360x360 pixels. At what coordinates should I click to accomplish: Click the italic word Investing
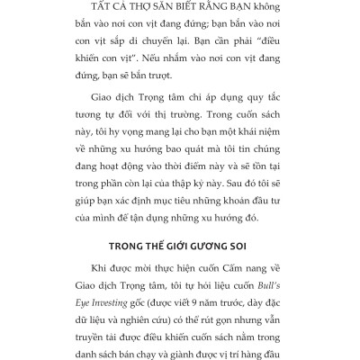point(106,329)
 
